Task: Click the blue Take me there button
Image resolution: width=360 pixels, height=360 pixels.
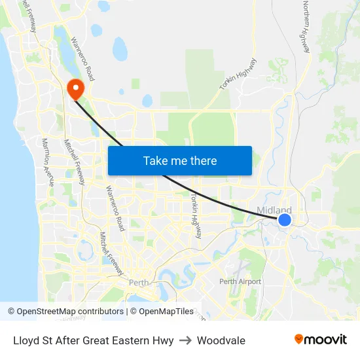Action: pyautogui.click(x=180, y=160)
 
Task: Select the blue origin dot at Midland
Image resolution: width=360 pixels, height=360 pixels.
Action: pyautogui.click(x=285, y=220)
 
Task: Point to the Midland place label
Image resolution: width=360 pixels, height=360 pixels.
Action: pyautogui.click(x=274, y=210)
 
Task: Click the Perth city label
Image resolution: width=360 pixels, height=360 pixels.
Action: pyautogui.click(x=139, y=283)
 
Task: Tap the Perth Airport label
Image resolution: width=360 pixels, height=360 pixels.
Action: pyautogui.click(x=240, y=281)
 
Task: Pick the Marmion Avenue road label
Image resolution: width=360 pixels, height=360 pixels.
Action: pyautogui.click(x=47, y=162)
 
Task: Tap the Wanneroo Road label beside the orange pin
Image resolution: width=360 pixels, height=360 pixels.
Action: pyautogui.click(x=82, y=59)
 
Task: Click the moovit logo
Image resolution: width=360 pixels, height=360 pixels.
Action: pyautogui.click(x=321, y=339)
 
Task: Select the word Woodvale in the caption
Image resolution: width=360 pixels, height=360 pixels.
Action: pyautogui.click(x=221, y=340)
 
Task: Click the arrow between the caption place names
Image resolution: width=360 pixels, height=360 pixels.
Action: pyautogui.click(x=185, y=340)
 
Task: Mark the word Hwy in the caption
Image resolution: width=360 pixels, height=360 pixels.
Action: pyautogui.click(x=163, y=340)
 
